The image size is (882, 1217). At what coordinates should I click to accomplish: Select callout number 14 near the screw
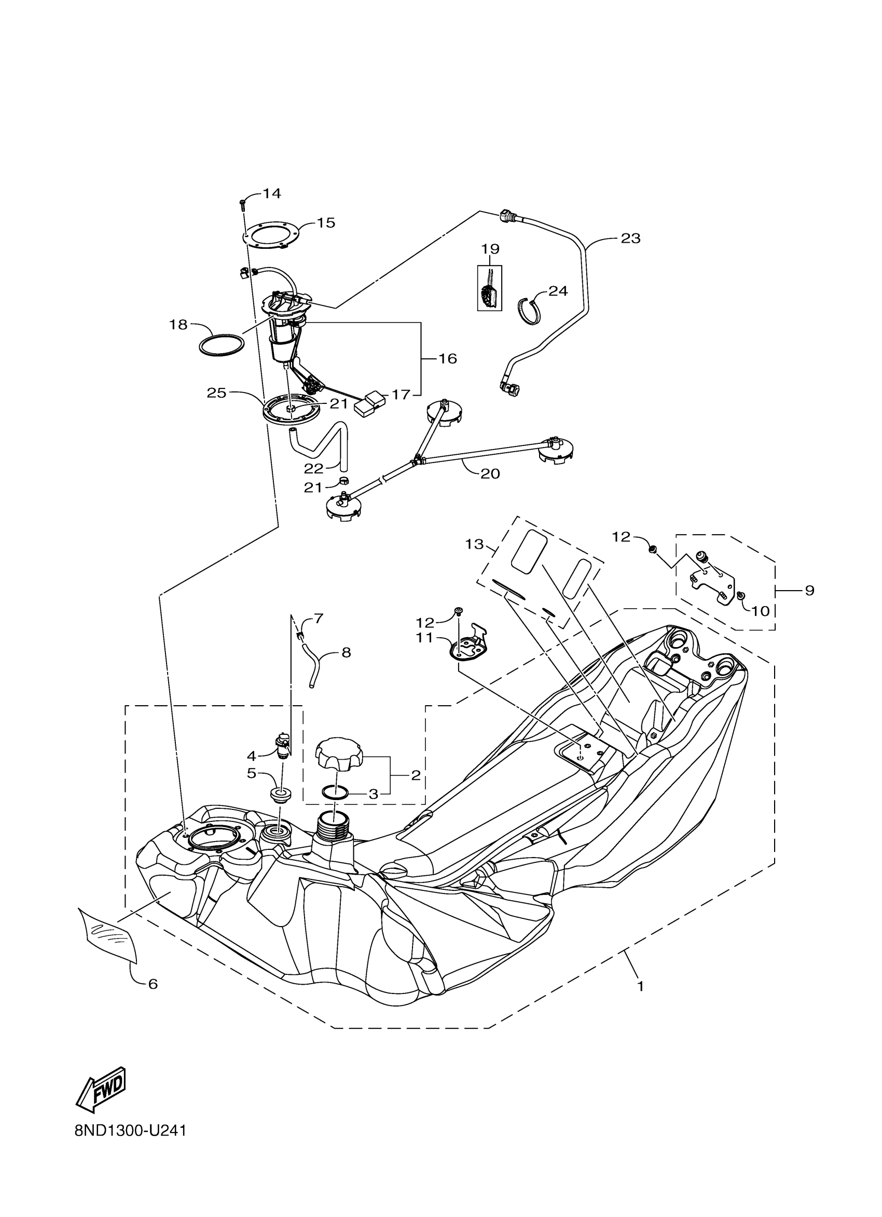click(272, 194)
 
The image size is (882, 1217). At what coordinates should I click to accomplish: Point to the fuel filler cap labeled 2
click(339, 755)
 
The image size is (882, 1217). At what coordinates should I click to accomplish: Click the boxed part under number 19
click(490, 288)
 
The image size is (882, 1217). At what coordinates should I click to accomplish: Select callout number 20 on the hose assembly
click(490, 473)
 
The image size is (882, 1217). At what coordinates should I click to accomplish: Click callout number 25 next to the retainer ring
click(217, 393)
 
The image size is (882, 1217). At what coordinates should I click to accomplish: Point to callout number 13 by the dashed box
click(474, 544)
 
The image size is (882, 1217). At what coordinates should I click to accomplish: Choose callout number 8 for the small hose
click(346, 652)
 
